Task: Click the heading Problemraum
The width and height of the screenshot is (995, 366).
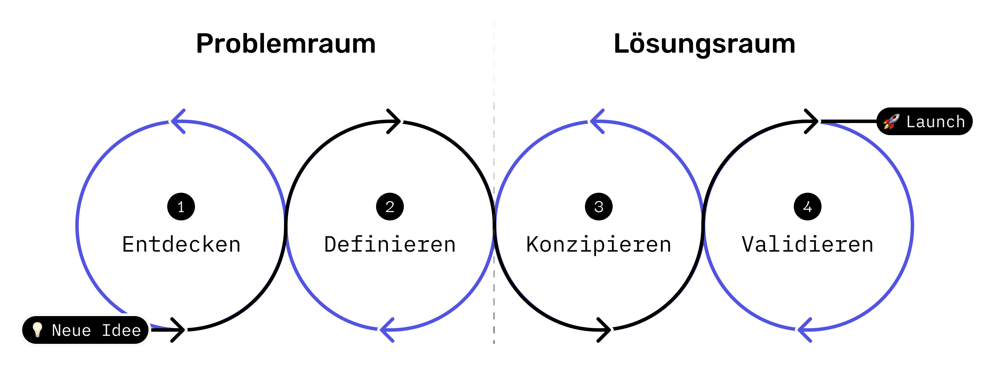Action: tap(286, 44)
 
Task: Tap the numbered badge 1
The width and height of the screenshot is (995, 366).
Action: tap(181, 207)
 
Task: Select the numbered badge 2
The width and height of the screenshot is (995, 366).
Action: tap(390, 207)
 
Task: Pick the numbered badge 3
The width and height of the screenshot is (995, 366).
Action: tap(599, 207)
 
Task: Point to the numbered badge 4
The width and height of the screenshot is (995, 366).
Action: tap(807, 207)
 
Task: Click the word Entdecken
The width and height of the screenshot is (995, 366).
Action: tap(181, 244)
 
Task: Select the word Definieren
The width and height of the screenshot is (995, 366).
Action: tap(390, 244)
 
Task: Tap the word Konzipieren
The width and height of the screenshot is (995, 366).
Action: tap(599, 244)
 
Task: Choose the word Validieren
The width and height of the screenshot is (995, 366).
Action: tap(807, 244)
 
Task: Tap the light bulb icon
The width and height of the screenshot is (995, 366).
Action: tap(37, 330)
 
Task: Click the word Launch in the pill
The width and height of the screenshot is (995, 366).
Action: tap(936, 122)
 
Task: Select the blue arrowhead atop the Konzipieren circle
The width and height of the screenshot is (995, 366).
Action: tap(595, 121)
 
